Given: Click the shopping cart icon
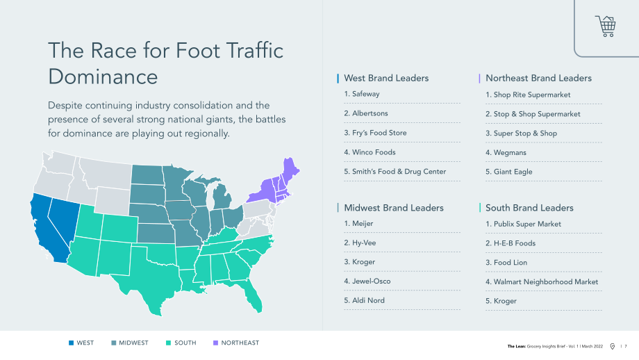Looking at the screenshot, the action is click(x=606, y=26).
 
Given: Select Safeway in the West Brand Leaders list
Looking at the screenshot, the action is click(x=365, y=94).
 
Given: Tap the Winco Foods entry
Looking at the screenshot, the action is click(x=374, y=152).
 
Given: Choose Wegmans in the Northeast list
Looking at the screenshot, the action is click(x=510, y=152).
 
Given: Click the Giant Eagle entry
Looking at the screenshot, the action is click(x=513, y=172).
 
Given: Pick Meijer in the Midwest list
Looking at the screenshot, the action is click(x=363, y=223).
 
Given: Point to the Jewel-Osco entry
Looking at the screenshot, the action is click(x=371, y=281).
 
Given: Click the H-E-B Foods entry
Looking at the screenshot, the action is click(x=514, y=243).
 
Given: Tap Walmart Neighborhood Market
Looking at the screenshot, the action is click(x=546, y=281).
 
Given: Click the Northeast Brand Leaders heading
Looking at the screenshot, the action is click(x=538, y=78).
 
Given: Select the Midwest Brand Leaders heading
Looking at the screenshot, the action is click(x=394, y=208).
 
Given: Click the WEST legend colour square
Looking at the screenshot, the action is click(x=72, y=343).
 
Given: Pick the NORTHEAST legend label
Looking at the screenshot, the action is click(x=240, y=343).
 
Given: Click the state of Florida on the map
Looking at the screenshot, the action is click(x=251, y=295).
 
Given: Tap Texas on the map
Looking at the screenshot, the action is click(x=149, y=277).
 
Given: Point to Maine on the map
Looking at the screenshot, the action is click(x=290, y=169).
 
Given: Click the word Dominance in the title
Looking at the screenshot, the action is click(x=103, y=76).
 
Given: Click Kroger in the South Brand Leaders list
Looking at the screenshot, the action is click(x=505, y=301).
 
